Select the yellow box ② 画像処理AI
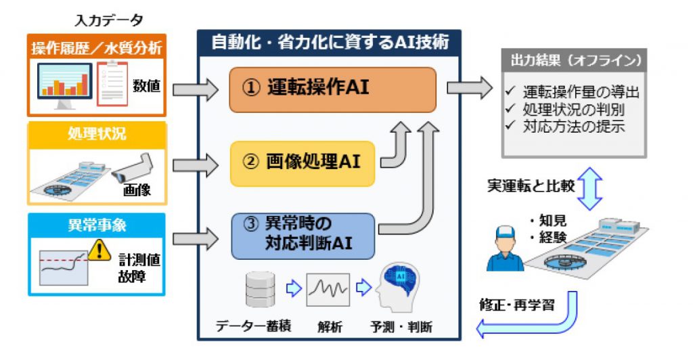311,162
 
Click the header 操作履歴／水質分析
97,49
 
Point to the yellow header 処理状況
97,133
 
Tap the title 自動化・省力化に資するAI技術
330,42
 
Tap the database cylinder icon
261,290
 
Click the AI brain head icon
401,288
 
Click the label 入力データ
99,18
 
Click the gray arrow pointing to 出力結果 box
470,88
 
